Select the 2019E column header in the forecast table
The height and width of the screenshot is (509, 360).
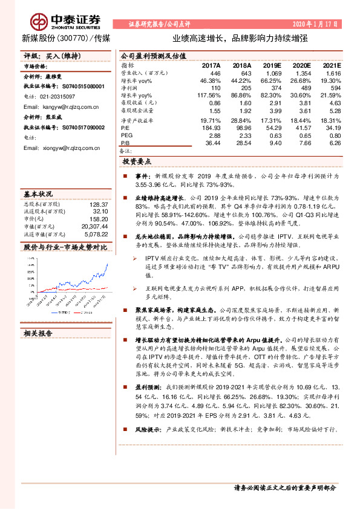click(x=272, y=65)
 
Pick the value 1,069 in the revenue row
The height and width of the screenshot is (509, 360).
click(x=274, y=73)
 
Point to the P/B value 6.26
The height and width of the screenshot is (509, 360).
click(x=334, y=142)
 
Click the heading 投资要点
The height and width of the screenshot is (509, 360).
click(x=136, y=162)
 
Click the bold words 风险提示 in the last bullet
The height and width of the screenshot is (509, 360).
click(x=147, y=430)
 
